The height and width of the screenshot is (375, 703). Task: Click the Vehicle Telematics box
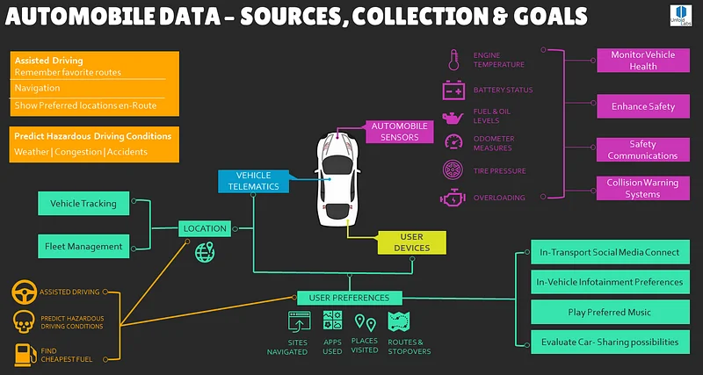tap(253, 181)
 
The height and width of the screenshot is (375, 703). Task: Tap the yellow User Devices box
tap(411, 242)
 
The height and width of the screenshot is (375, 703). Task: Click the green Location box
tap(205, 228)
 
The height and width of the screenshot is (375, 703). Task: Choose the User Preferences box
tap(349, 298)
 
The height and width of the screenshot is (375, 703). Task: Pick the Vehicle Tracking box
tap(83, 204)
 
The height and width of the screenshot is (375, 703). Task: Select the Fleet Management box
tap(83, 246)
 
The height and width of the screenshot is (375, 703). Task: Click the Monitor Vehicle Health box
tap(643, 61)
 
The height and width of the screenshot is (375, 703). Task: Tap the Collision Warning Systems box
tap(643, 188)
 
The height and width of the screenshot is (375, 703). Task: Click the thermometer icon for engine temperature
tap(453, 60)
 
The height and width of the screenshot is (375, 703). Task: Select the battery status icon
tap(453, 90)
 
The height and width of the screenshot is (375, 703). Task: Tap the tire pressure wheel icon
tap(453, 169)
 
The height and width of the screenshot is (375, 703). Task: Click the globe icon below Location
tap(206, 253)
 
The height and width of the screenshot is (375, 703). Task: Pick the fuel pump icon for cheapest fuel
tap(24, 354)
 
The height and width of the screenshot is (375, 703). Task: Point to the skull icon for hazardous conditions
tap(24, 321)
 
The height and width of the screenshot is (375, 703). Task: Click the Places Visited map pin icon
tap(365, 323)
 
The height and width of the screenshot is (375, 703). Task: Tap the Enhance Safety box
tap(643, 106)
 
